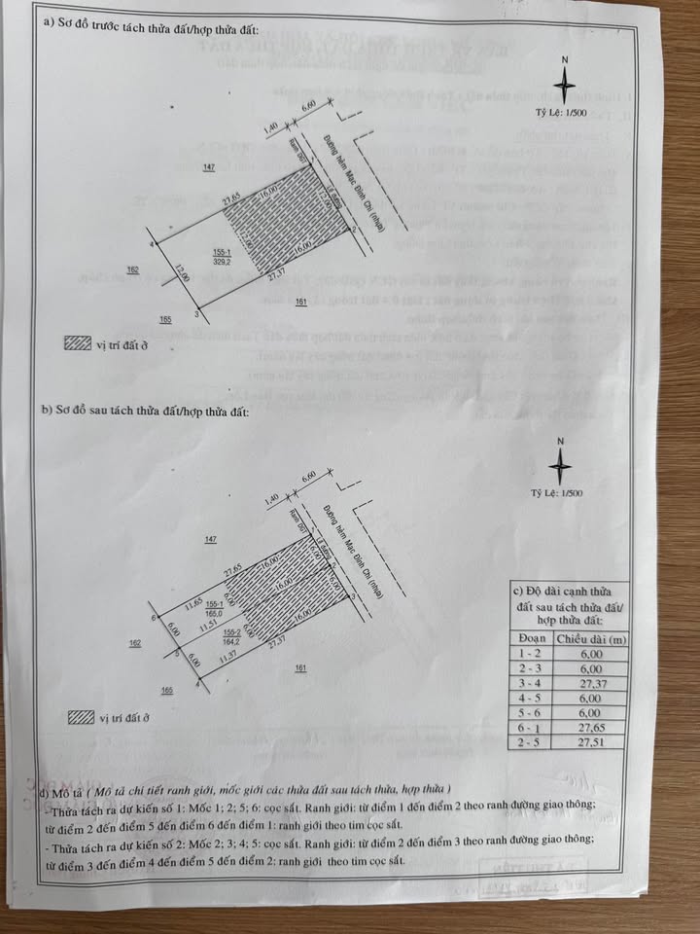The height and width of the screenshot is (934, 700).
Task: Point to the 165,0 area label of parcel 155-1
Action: click(214, 613)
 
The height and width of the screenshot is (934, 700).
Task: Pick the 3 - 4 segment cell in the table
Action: click(531, 684)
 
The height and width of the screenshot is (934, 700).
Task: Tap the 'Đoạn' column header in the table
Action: click(531, 639)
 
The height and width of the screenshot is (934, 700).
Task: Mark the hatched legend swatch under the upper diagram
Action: click(76, 342)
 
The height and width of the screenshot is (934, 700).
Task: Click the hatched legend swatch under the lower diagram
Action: click(81, 718)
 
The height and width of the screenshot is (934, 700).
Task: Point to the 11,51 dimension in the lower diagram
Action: click(206, 628)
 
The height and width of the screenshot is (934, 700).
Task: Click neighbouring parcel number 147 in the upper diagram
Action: click(208, 168)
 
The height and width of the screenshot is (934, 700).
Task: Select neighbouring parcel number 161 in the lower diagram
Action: click(300, 668)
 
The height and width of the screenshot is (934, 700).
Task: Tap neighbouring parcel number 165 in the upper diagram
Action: click(165, 318)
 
